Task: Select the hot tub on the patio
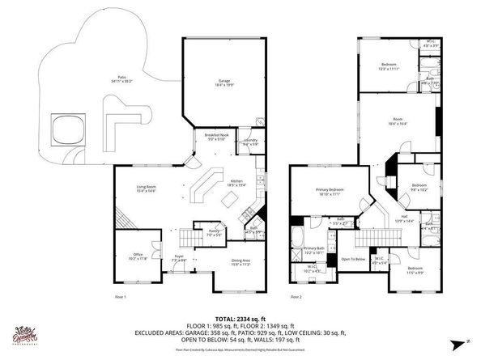tap(67, 129)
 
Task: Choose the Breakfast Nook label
tap(216, 138)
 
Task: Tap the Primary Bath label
tap(314, 250)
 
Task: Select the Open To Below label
tap(351, 260)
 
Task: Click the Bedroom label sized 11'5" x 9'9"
tap(415, 269)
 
